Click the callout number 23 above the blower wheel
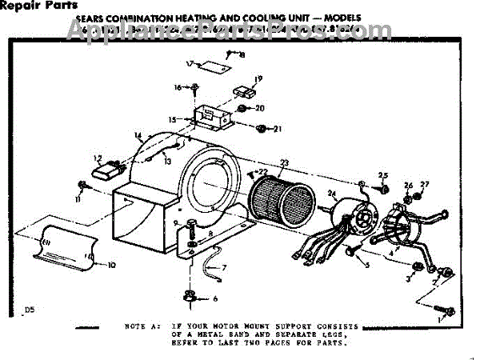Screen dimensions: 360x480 pos(284,163)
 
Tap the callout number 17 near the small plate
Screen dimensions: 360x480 pos(190,63)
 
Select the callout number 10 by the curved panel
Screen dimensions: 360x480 pos(111,264)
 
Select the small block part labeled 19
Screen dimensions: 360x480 pos(242,93)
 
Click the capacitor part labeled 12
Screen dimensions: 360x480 pos(107,170)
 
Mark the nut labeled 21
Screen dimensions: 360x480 pos(262,127)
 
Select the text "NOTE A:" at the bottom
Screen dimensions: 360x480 pos(141,326)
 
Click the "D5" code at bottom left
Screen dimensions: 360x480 pos(30,310)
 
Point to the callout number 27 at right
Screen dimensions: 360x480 pos(425,185)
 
